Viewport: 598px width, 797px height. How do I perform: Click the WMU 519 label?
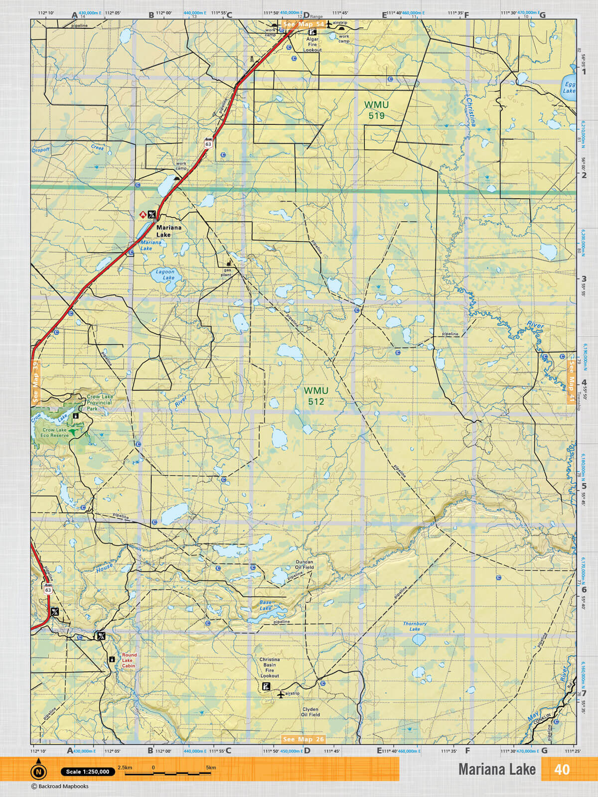pyautogui.click(x=376, y=110)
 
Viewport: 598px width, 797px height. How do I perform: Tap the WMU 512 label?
pyautogui.click(x=316, y=396)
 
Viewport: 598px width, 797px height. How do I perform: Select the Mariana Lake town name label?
pyautogui.click(x=169, y=231)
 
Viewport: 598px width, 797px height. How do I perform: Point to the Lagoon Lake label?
pyautogui.click(x=165, y=274)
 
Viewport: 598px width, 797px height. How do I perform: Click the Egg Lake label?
pyautogui.click(x=569, y=88)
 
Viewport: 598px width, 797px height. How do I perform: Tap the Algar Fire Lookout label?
pyautogui.click(x=312, y=44)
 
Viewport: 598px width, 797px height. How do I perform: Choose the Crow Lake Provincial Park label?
pyautogui.click(x=99, y=402)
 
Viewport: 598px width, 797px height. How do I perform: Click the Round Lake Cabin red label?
pyautogui.click(x=129, y=661)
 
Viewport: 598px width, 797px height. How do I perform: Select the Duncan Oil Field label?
pyautogui.click(x=304, y=564)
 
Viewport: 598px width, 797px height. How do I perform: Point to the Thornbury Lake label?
pyautogui.click(x=415, y=626)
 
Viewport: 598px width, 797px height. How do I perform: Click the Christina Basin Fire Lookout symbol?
pyautogui.click(x=266, y=687)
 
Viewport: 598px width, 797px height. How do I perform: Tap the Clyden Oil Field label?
pyautogui.click(x=310, y=712)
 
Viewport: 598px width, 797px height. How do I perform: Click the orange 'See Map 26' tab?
pyautogui.click(x=303, y=739)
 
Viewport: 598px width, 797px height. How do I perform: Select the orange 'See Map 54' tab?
pyautogui.click(x=303, y=24)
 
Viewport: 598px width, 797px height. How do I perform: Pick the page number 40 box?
pyautogui.click(x=562, y=769)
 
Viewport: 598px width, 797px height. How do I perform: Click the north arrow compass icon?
pyautogui.click(x=38, y=771)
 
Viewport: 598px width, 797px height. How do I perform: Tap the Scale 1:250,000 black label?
pyautogui.click(x=88, y=772)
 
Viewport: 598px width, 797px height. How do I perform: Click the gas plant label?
pyautogui.click(x=227, y=272)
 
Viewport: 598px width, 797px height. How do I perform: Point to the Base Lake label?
pyautogui.click(x=266, y=605)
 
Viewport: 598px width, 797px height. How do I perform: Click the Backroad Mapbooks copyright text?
pyautogui.click(x=60, y=787)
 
